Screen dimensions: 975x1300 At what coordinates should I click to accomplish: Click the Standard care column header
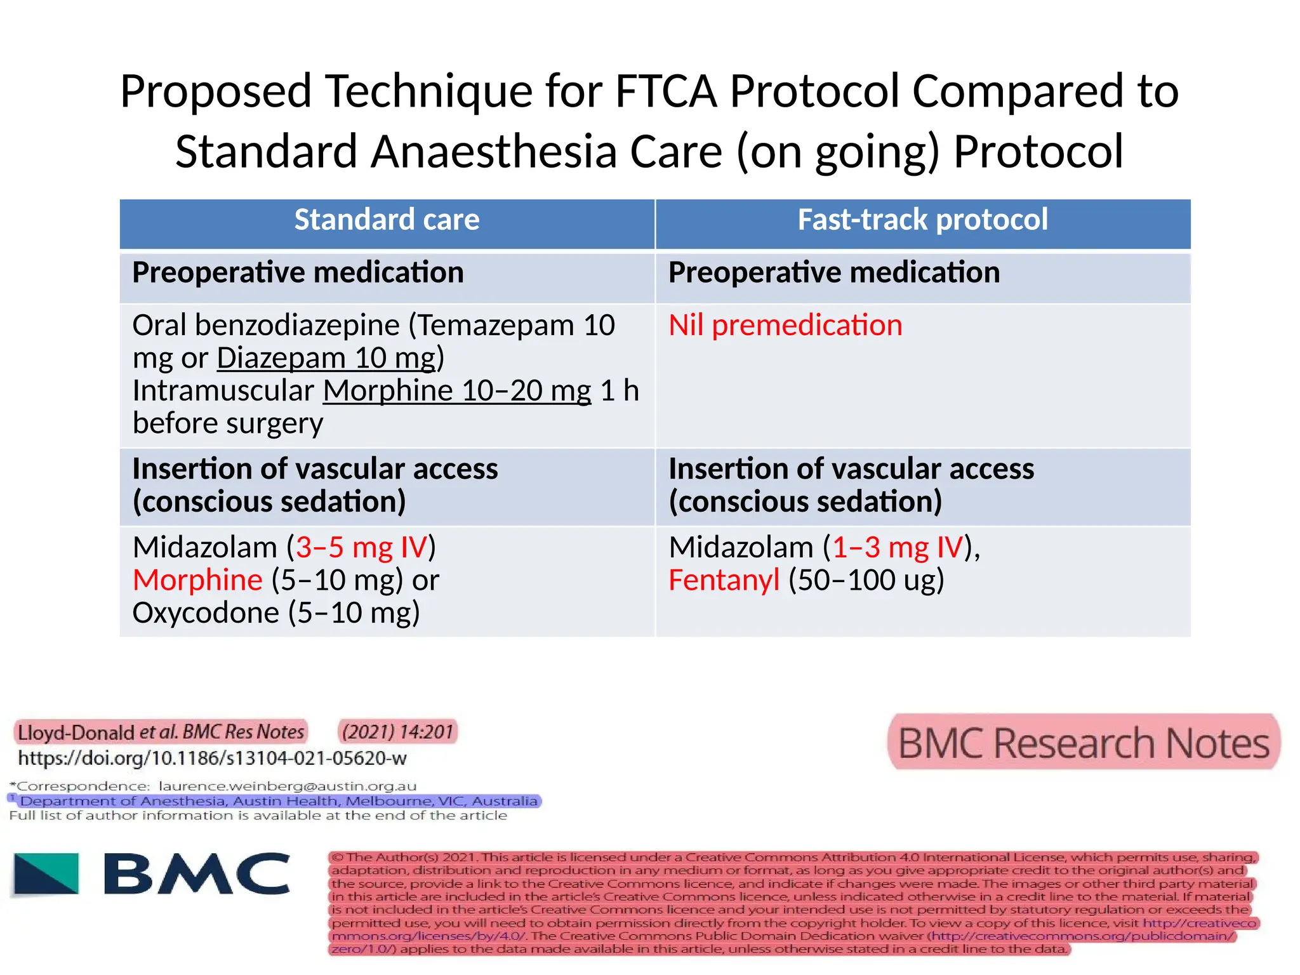pyautogui.click(x=387, y=220)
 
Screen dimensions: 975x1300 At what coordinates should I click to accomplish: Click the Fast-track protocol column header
pyautogui.click(x=922, y=220)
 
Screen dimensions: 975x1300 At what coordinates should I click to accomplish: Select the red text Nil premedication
pyautogui.click(x=785, y=326)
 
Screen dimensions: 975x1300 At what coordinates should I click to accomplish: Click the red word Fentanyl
pyautogui.click(x=724, y=580)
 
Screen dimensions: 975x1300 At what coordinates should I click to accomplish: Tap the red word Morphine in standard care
pyautogui.click(x=197, y=580)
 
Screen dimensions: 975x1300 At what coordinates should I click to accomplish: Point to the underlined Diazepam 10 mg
pyautogui.click(x=326, y=358)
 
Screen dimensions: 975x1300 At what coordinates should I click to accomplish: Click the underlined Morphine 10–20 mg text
pyautogui.click(x=457, y=391)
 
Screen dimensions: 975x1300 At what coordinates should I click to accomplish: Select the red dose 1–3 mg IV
pyautogui.click(x=898, y=547)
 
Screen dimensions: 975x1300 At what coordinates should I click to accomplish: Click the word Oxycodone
pyautogui.click(x=206, y=613)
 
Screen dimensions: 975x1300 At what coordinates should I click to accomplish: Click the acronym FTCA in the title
pyautogui.click(x=666, y=91)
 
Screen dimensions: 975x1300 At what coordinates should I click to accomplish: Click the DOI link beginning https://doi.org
pyautogui.click(x=212, y=758)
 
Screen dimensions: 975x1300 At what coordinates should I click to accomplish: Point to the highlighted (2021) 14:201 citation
pyautogui.click(x=397, y=732)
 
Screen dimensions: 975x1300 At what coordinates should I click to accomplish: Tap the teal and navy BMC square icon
pyautogui.click(x=46, y=874)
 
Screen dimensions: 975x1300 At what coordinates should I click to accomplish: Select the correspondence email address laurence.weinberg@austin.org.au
pyautogui.click(x=287, y=786)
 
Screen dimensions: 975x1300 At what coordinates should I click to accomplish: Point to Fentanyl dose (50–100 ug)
pyautogui.click(x=866, y=580)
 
